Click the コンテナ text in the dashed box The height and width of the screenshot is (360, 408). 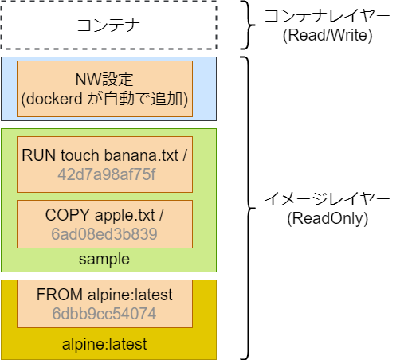click(x=108, y=25)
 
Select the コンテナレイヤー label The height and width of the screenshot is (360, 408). click(x=327, y=16)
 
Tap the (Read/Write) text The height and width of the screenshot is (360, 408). click(x=328, y=35)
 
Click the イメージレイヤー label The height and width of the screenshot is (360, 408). click(x=327, y=199)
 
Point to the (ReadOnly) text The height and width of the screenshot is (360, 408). click(x=328, y=218)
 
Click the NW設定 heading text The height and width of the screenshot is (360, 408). click(x=104, y=79)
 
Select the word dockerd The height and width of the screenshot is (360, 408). click(x=54, y=99)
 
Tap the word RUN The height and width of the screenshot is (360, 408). click(x=38, y=155)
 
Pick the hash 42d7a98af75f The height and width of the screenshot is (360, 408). click(x=107, y=174)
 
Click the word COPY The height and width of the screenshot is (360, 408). click(x=68, y=215)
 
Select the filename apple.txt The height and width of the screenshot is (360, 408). click(x=124, y=215)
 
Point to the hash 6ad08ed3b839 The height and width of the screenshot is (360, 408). click(x=104, y=234)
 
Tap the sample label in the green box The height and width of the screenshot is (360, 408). click(x=104, y=259)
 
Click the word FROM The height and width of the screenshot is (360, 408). click(x=60, y=295)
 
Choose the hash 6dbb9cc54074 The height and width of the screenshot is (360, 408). click(x=104, y=314)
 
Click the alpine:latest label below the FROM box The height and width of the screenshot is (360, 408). click(x=104, y=344)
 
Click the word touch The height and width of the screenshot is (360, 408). click(x=80, y=155)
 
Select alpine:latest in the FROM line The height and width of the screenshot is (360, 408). click(x=130, y=295)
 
